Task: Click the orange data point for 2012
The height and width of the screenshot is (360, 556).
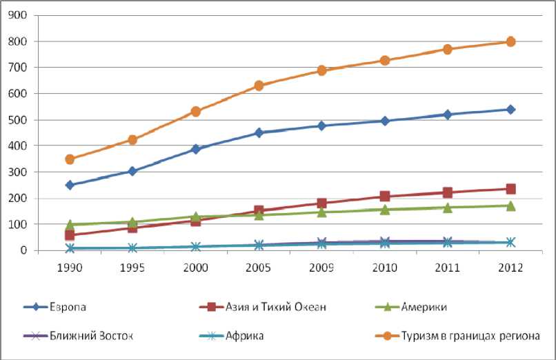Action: click(x=510, y=41)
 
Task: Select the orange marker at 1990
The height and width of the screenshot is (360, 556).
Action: click(x=70, y=159)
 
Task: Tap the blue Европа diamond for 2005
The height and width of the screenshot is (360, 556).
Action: click(x=259, y=133)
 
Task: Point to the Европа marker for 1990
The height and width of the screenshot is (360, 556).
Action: click(x=70, y=185)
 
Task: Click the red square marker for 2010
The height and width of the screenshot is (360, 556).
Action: click(x=384, y=197)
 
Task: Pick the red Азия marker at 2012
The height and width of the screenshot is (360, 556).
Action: click(x=510, y=189)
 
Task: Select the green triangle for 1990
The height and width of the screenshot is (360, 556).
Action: click(x=70, y=225)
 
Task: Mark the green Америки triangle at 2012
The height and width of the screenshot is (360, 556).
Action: click(x=510, y=206)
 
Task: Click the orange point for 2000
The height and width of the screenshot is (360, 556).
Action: click(x=196, y=111)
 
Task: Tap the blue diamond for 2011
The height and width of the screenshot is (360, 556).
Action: click(x=448, y=114)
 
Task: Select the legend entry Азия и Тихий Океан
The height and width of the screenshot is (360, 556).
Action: click(x=276, y=307)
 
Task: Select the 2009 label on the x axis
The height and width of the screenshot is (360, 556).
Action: click(x=321, y=266)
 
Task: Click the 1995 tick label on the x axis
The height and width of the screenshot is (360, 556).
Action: click(x=132, y=266)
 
